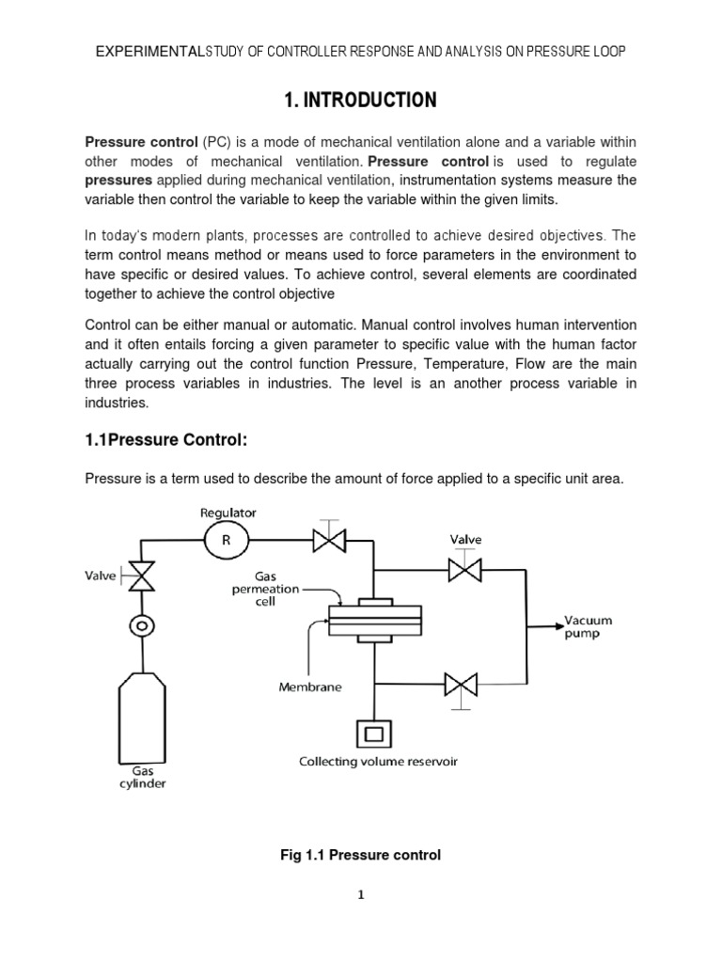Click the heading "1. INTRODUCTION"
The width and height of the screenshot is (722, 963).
coord(361,101)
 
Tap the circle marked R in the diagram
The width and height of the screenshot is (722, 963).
coord(226,540)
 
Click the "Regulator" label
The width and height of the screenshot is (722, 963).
coord(228,513)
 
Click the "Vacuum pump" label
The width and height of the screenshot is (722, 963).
coord(588,626)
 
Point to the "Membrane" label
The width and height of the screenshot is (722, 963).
coord(310,687)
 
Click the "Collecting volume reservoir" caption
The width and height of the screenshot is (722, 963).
coord(378,761)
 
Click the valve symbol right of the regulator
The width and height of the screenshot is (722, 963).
coord(330,540)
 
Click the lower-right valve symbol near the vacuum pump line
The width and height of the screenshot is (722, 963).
coord(462,681)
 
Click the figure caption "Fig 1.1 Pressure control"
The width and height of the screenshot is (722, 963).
coord(361,855)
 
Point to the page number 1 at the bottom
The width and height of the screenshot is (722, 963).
coord(360,895)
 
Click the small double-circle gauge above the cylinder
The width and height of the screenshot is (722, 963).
coord(143,624)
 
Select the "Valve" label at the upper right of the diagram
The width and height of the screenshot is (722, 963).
coord(465,539)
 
